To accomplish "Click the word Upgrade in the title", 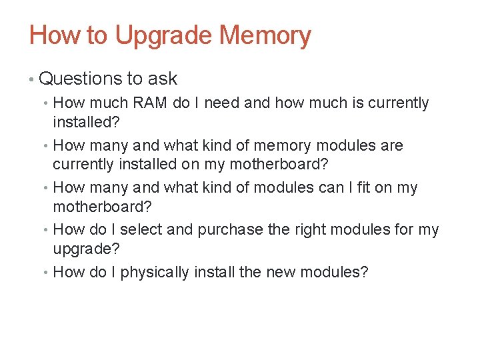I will (164, 36).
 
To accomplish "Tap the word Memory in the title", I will (265, 36).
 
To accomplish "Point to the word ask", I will (163, 79).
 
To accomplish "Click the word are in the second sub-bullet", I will (391, 145).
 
